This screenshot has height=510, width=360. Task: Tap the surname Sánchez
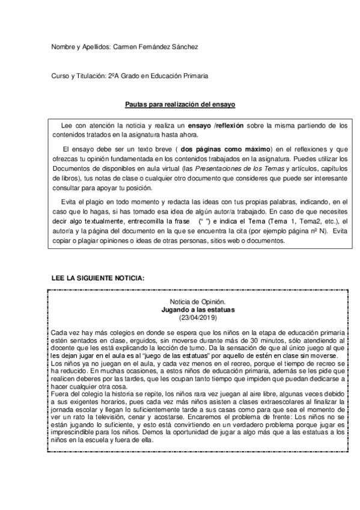(x=185, y=47)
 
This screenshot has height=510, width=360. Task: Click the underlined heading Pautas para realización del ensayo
(x=180, y=104)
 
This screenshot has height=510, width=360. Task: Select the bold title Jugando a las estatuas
(x=198, y=309)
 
